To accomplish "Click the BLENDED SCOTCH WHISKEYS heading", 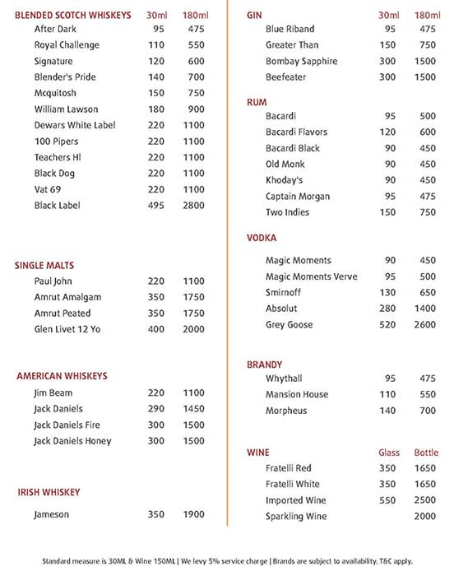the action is (x=72, y=16).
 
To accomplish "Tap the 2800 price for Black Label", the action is (x=193, y=206).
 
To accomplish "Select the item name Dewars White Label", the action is (x=75, y=125).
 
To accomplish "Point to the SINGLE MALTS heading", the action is (x=44, y=265).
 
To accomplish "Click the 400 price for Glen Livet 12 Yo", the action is (x=156, y=329).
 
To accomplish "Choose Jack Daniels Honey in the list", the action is (x=72, y=441).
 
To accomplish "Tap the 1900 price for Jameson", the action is (x=193, y=514).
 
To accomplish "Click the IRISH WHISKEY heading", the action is (x=49, y=492).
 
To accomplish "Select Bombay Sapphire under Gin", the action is (x=301, y=62).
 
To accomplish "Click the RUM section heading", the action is (x=257, y=102).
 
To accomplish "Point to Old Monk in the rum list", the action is (x=285, y=165).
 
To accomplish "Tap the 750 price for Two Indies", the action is (x=428, y=212).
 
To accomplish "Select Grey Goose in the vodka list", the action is (x=289, y=325).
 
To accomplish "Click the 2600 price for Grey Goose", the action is (x=426, y=325).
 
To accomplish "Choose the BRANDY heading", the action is (x=265, y=364).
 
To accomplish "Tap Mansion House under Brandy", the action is (x=297, y=395).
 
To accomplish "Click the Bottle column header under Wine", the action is (x=426, y=453).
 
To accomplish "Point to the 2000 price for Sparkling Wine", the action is (x=426, y=517).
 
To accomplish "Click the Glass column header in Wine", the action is (x=389, y=453).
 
